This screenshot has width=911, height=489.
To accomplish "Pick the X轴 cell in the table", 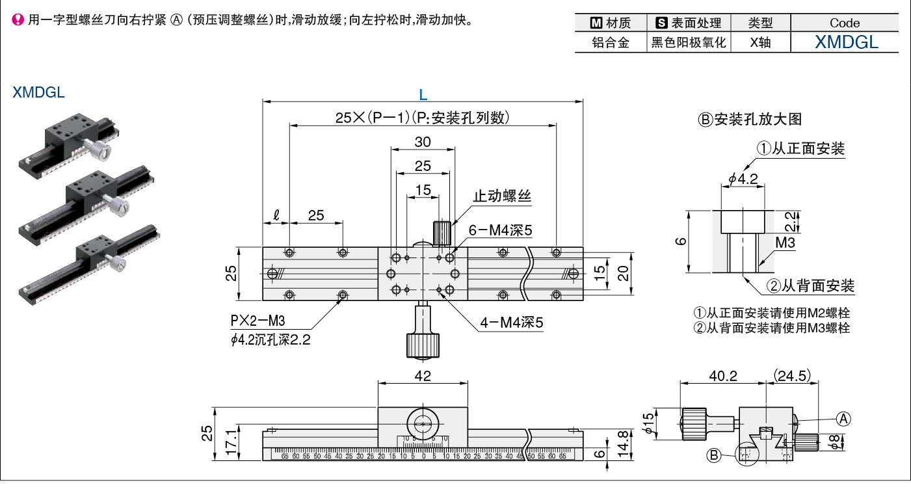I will pyautogui.click(x=760, y=44).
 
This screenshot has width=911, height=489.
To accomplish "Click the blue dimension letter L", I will pyautogui.click(x=423, y=95).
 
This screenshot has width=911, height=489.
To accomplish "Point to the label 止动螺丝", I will pyautogui.click(x=501, y=196).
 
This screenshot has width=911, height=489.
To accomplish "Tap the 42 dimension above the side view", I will pyautogui.click(x=423, y=375).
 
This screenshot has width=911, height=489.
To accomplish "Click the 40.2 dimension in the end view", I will pyautogui.click(x=722, y=375).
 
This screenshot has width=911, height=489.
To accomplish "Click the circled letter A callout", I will pyautogui.click(x=843, y=419).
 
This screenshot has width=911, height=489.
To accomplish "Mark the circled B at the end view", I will pyautogui.click(x=714, y=456).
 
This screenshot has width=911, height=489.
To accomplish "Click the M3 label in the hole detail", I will pyautogui.click(x=786, y=243).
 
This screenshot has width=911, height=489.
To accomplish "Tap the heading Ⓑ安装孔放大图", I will pyautogui.click(x=750, y=119).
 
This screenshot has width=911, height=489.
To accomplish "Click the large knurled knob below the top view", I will pyautogui.click(x=423, y=345).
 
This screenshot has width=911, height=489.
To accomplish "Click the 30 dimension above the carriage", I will pyautogui.click(x=423, y=142).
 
